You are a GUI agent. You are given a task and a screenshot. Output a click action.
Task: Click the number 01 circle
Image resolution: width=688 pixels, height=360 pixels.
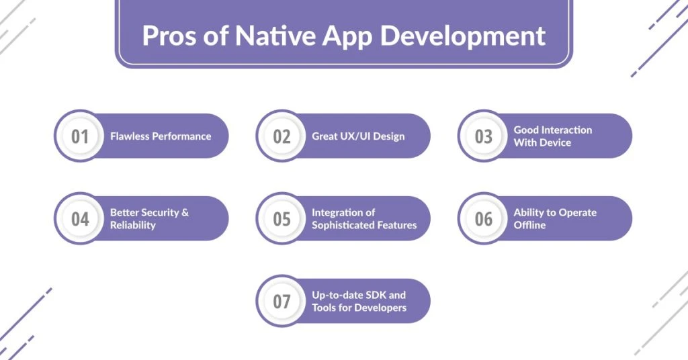coord(80,136)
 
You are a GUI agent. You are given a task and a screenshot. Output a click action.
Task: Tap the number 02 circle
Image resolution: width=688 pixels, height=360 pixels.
coord(282,136)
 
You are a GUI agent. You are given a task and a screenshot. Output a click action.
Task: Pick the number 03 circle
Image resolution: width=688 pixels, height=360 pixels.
coord(484,136)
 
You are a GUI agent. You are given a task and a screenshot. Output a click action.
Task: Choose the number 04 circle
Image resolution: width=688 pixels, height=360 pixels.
coord(80,219)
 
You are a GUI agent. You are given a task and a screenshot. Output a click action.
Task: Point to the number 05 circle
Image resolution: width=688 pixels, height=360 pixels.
coord(282,219)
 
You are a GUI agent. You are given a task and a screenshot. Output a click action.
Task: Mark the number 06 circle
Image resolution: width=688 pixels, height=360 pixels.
coord(484,219)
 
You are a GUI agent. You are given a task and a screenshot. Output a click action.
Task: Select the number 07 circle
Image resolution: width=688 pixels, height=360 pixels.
coord(282,302)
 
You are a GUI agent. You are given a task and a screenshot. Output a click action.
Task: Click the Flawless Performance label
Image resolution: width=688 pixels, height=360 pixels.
coord(161,136)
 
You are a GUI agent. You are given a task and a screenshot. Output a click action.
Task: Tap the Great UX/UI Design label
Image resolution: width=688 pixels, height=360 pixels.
coord(358,136)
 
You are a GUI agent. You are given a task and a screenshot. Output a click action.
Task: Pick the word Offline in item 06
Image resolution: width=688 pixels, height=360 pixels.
coord(529,226)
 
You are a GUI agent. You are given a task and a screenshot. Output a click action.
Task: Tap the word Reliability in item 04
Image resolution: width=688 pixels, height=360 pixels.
coord(132,226)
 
